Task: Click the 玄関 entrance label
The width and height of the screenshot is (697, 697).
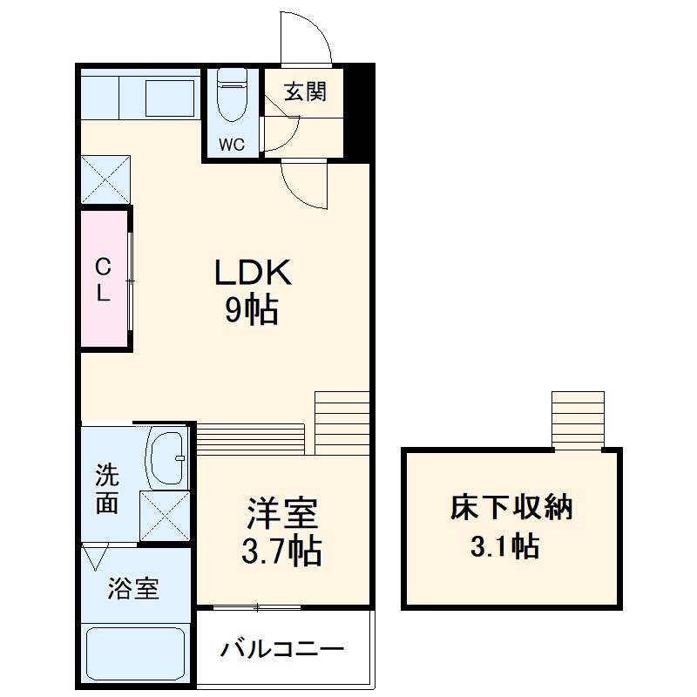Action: point(305,91)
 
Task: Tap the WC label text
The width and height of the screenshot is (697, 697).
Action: point(232,145)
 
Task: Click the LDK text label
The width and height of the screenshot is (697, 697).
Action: point(253,274)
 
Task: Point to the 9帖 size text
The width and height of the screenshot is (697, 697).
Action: point(253,310)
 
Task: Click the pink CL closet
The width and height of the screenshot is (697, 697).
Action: point(104,280)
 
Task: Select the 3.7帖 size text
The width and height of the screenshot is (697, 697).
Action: point(282,551)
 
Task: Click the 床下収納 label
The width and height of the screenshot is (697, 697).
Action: point(511,508)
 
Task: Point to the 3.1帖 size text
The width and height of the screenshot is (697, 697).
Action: point(504,546)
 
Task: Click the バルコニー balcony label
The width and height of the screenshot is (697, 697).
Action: point(282,649)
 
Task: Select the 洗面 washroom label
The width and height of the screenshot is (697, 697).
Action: point(107,490)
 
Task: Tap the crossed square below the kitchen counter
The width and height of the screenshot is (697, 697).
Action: point(105,179)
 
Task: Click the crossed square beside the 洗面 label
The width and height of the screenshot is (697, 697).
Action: point(165,516)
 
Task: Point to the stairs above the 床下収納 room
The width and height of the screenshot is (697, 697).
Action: point(578,420)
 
